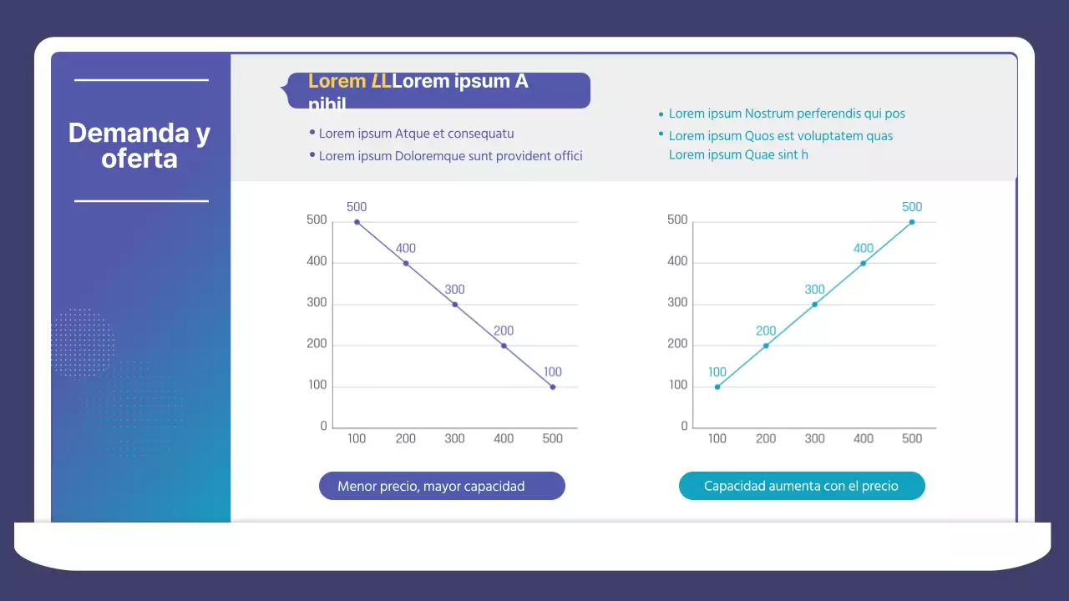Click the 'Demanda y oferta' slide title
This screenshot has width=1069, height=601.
click(139, 145)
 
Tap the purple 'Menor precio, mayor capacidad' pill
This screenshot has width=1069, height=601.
click(442, 486)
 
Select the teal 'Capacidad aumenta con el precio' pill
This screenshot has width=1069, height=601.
click(801, 486)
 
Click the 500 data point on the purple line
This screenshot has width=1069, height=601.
click(357, 222)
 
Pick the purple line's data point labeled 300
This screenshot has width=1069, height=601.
click(454, 305)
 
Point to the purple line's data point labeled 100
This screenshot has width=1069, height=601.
click(552, 387)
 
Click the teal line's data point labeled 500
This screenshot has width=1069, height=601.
click(912, 222)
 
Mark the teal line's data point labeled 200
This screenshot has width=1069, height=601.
click(766, 346)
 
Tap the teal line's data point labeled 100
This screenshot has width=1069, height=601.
click(717, 387)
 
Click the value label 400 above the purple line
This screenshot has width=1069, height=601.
click(406, 248)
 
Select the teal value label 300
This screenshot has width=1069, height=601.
click(814, 290)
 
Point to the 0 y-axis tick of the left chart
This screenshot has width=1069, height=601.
click(324, 427)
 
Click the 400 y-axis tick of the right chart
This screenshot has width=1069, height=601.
click(677, 261)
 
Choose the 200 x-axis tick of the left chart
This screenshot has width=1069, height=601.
click(406, 438)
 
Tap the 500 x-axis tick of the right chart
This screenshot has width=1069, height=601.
click(912, 438)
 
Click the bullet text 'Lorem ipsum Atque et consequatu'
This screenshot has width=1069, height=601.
click(416, 134)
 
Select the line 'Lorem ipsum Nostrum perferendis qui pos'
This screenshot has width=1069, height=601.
click(787, 114)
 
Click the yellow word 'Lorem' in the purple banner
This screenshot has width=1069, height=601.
click(337, 82)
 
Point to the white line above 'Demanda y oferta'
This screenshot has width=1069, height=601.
click(141, 80)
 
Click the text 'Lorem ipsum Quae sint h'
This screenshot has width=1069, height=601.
click(738, 154)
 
